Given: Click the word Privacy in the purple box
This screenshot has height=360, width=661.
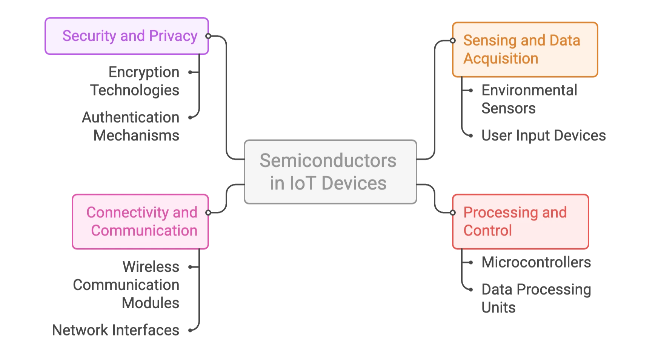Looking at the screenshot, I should pyautogui.click(x=173, y=36).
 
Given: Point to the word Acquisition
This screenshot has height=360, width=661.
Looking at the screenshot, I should pyautogui.click(x=501, y=58).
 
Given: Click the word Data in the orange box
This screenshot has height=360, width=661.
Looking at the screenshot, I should pyautogui.click(x=564, y=40).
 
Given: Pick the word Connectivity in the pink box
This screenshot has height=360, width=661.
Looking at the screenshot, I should pyautogui.click(x=128, y=212).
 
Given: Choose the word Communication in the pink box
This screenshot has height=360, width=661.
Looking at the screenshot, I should pyautogui.click(x=144, y=231).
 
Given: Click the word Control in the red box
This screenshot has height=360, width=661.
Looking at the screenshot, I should pyautogui.click(x=487, y=231).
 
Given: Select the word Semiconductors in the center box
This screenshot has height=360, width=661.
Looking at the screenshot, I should pyautogui.click(x=328, y=161).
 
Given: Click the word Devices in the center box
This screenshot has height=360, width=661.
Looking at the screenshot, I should pyautogui.click(x=354, y=183).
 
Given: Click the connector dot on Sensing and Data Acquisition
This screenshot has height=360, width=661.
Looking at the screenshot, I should pyautogui.click(x=453, y=40).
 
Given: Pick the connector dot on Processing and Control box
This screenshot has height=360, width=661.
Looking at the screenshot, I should pyautogui.click(x=453, y=212).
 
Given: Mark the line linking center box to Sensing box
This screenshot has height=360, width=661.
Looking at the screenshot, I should pyautogui.click(x=435, y=98).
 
